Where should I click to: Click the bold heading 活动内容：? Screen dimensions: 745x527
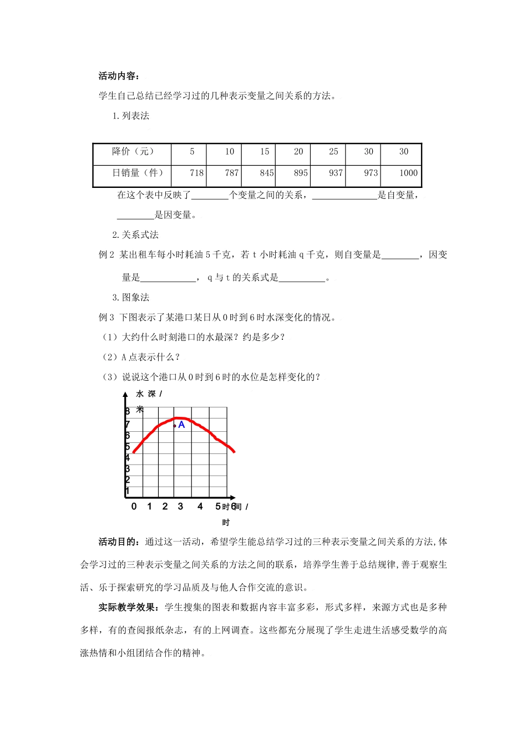[119, 76]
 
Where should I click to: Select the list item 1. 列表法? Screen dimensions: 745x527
[131, 116]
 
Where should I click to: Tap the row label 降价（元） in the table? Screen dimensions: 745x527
[133, 151]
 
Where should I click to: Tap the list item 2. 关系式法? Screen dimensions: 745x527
[135, 235]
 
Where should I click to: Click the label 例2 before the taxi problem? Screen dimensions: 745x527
[106, 255]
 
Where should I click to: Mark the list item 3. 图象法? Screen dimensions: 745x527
[131, 298]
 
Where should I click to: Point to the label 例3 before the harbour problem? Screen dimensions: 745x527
[106, 318]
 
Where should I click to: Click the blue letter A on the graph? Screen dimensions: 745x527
[181, 425]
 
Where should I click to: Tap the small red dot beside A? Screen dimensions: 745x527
[175, 426]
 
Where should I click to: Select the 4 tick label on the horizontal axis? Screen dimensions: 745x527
[200, 507]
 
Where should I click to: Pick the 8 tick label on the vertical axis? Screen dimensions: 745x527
[127, 411]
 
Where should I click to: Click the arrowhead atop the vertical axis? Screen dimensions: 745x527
[125, 394]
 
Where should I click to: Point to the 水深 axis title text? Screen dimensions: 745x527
[146, 394]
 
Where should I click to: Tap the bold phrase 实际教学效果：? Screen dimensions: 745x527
[131, 608]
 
